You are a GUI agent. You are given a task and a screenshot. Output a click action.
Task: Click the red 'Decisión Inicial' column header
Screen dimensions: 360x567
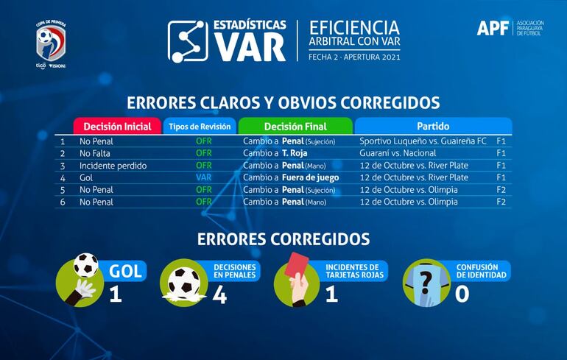tap(117, 126)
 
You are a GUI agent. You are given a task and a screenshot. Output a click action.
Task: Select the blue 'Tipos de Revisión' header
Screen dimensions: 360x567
tap(200, 126)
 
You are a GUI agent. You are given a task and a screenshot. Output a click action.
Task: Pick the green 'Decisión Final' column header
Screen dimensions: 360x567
tap(295, 126)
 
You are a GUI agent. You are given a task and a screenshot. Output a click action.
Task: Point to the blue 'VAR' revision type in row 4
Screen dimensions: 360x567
tap(204, 177)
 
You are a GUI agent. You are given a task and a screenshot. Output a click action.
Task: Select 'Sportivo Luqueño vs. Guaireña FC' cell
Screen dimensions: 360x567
tap(423, 141)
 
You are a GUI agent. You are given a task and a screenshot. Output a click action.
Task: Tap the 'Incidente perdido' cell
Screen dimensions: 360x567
tap(113, 166)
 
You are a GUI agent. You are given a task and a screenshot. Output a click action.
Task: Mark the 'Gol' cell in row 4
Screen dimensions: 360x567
tap(86, 177)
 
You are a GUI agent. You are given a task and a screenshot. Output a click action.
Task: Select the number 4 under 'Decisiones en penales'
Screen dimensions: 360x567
tap(219, 294)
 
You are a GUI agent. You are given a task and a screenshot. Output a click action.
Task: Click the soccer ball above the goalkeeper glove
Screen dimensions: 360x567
tap(85, 264)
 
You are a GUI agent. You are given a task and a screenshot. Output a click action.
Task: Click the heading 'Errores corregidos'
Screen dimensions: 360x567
tap(283, 239)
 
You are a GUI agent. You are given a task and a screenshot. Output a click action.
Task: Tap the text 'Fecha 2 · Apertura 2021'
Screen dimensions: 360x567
tap(354, 55)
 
